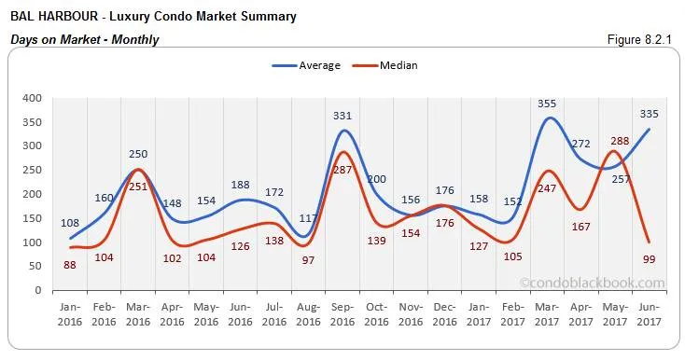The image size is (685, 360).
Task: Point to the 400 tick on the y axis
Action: pyautogui.click(x=32, y=98)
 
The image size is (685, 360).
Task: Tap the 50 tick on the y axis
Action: pyautogui.click(x=35, y=267)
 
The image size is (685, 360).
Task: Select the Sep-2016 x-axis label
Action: pyautogui.click(x=343, y=315)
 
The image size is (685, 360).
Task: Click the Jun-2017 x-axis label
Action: pyautogui.click(x=650, y=315)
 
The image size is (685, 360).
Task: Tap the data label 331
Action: pyautogui.click(x=343, y=116)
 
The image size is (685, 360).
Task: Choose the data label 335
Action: pyautogui.click(x=650, y=114)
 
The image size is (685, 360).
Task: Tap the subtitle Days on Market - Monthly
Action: pyautogui.click(x=84, y=39)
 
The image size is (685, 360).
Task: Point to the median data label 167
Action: pyautogui.click(x=582, y=226)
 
